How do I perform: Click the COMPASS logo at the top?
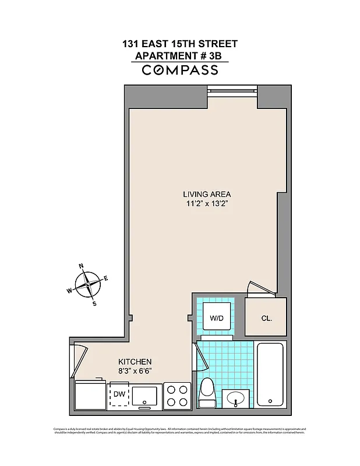(180, 70)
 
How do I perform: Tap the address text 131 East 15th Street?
(180, 44)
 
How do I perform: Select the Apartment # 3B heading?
(180, 57)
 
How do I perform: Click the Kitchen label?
(135, 361)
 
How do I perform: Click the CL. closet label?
(266, 319)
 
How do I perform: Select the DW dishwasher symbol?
(119, 395)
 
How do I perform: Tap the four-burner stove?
(177, 396)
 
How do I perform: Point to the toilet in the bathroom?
(207, 394)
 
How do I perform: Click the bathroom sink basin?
(236, 399)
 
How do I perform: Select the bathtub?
(270, 375)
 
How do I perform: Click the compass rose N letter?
(81, 267)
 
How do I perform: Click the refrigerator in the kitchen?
(90, 396)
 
